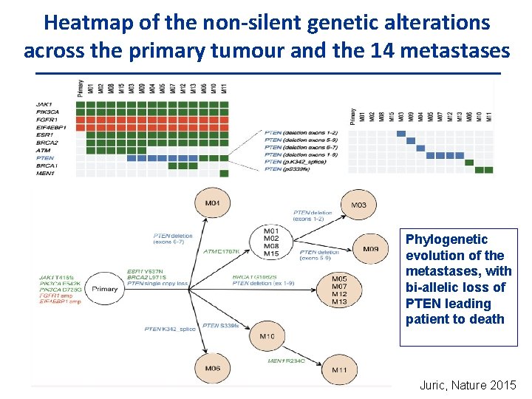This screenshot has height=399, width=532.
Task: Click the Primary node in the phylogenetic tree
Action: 105,289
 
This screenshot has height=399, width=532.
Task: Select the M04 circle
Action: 212,202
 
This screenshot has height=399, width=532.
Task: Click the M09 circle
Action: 370,249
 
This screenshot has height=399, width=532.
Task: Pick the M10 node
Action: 267,336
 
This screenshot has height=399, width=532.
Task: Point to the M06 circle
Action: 212,367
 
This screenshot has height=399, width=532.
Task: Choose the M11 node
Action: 339,369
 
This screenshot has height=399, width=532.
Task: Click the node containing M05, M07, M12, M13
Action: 339,290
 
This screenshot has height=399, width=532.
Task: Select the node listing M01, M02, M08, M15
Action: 271,242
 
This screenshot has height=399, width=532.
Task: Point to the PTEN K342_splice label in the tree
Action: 170,328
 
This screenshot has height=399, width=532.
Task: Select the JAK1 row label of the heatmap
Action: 44,103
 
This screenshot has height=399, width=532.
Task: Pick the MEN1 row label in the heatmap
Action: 46,174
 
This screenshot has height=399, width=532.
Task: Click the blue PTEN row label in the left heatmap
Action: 44,158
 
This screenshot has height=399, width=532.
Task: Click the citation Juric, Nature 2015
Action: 467,385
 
